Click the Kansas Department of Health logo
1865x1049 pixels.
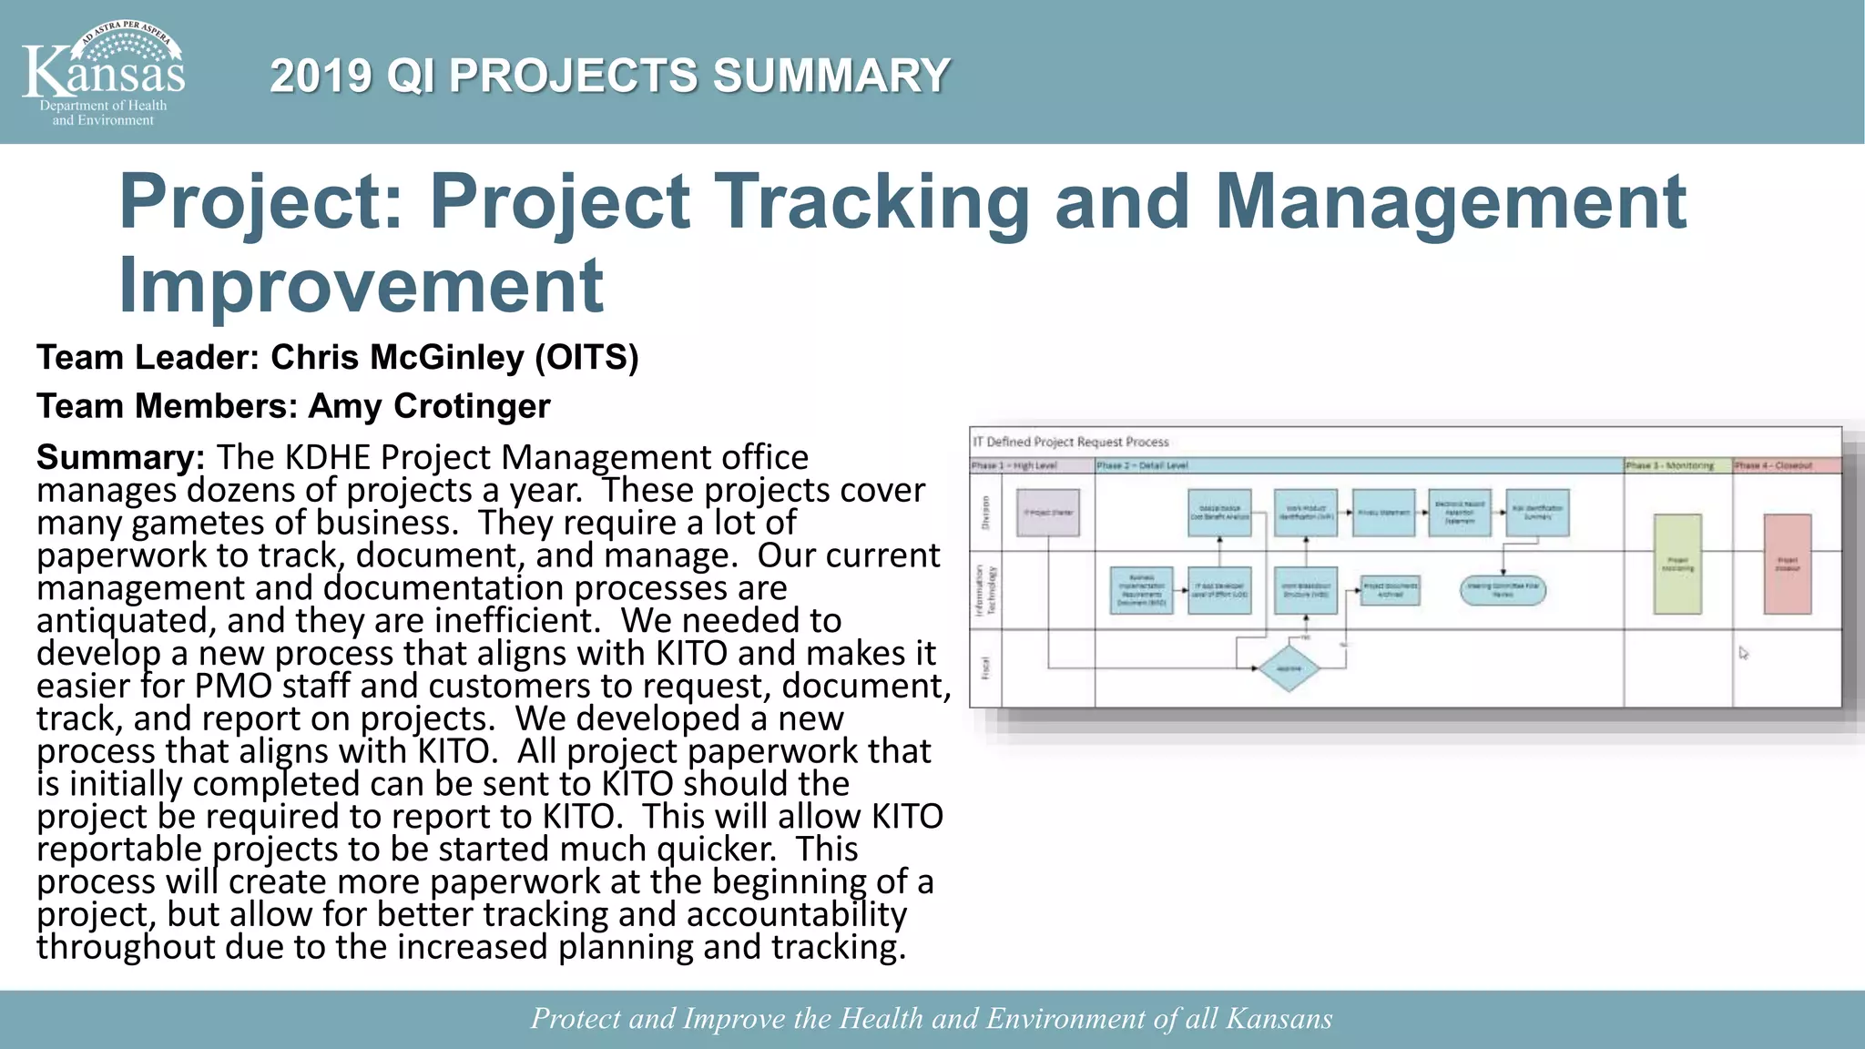[103, 73]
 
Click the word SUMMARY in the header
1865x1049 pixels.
[831, 76]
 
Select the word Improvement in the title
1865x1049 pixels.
[362, 285]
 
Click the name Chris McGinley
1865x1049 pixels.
[397, 358]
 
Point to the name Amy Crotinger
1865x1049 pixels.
[430, 406]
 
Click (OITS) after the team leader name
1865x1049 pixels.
[586, 358]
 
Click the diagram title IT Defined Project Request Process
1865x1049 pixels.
[1071, 443]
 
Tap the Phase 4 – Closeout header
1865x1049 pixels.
[1773, 465]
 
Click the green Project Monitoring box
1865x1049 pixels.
[1677, 564]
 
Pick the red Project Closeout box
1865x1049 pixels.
[1787, 564]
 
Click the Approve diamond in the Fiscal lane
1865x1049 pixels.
[1288, 668]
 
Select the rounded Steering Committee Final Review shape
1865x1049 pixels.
[1503, 590]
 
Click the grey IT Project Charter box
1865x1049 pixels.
[1048, 513]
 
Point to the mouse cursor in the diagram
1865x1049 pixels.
[1743, 653]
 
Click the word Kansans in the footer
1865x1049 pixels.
[1279, 1018]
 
